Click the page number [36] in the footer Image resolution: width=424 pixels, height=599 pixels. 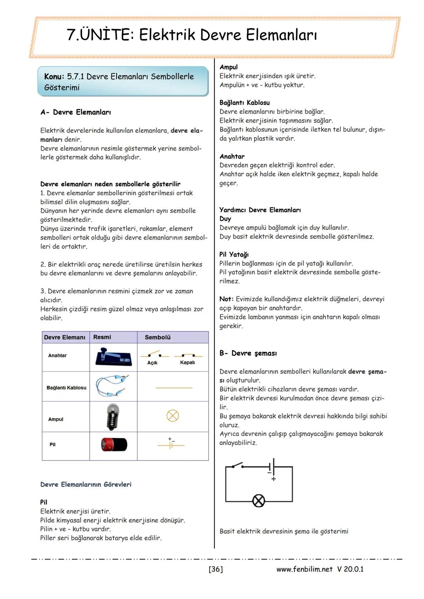point(216,569)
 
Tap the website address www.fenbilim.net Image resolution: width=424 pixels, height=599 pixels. point(304,569)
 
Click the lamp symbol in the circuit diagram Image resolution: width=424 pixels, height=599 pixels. point(258,501)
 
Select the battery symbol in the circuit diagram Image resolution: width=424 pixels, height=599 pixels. point(272,467)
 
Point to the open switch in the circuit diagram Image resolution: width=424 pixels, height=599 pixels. point(237,466)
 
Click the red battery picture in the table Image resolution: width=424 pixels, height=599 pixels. point(114,444)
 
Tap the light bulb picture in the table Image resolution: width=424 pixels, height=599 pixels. point(113,416)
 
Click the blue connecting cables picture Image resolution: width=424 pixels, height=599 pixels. point(113,386)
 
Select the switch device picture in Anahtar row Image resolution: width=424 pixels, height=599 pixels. point(113,356)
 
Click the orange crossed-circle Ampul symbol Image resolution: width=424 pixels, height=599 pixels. point(173,416)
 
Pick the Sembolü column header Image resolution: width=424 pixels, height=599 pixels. point(157,337)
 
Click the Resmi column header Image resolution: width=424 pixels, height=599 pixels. point(102,337)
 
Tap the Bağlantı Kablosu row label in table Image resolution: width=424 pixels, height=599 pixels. point(66,388)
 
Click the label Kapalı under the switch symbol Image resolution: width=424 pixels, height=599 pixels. point(187,362)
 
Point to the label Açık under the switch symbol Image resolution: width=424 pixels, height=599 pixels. point(152,363)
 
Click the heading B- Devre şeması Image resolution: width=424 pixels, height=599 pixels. point(248,353)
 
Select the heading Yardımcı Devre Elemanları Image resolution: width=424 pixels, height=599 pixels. point(260,210)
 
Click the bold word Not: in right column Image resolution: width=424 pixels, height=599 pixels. point(227,299)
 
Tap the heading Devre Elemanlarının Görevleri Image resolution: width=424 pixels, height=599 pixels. point(86,484)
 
